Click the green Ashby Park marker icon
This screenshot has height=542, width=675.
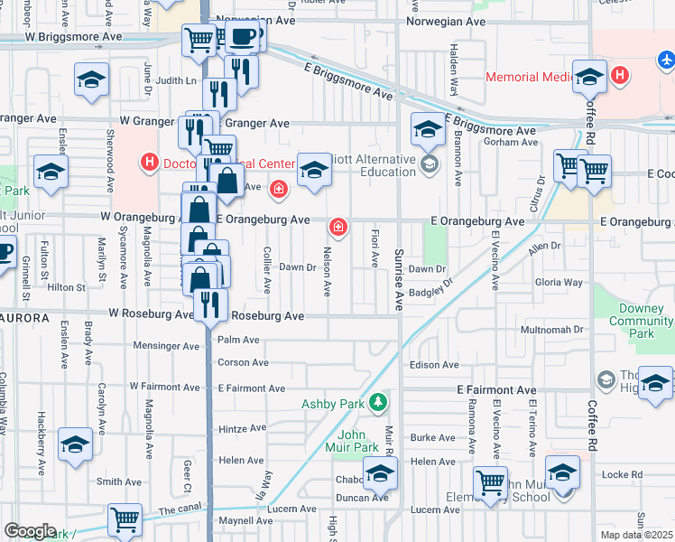381,402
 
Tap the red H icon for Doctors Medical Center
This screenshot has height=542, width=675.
150,163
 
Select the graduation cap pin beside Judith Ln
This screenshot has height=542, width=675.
91,79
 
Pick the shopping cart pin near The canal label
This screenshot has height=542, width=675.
125,520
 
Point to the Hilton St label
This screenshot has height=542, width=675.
66,287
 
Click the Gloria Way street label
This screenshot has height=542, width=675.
559,283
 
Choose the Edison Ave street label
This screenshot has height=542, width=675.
434,365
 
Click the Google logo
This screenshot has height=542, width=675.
29,531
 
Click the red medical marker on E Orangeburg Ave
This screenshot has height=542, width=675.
338,226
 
